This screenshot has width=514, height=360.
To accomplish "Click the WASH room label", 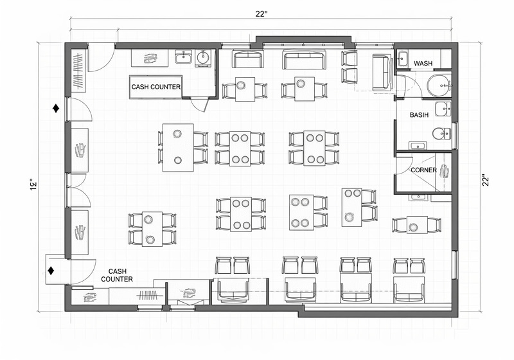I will [x=423, y=64].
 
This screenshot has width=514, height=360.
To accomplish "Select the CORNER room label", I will [x=423, y=170].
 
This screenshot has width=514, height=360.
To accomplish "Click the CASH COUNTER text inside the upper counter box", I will [x=156, y=87].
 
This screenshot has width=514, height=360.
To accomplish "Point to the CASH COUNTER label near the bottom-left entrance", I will [x=121, y=275].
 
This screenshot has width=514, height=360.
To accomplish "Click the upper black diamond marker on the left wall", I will [x=57, y=108].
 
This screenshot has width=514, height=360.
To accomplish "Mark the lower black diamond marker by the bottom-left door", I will [x=51, y=271].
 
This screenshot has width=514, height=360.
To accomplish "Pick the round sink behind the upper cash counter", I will [x=203, y=57].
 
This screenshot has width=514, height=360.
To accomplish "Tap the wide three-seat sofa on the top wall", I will [x=305, y=60].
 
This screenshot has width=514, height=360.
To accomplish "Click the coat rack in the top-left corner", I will [x=78, y=71].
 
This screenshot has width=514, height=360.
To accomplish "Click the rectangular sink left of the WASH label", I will [x=402, y=60].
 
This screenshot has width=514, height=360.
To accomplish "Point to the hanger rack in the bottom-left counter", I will [x=148, y=296].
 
